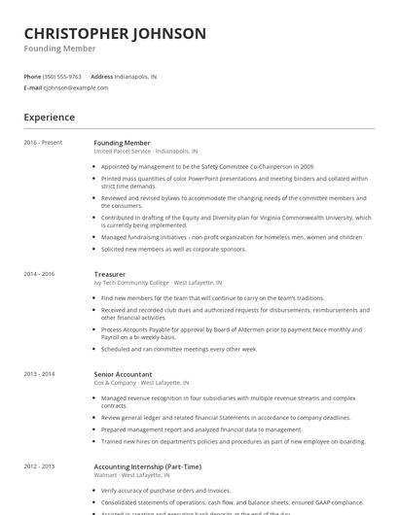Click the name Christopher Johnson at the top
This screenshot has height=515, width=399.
(x=115, y=33)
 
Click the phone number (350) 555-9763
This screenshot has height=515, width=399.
(x=63, y=76)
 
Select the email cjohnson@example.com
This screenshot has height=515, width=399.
(x=76, y=87)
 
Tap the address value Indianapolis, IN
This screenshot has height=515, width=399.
(x=135, y=76)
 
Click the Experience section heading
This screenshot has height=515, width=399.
(x=49, y=118)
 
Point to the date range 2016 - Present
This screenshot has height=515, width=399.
(x=43, y=143)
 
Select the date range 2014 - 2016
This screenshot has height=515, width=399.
(x=40, y=274)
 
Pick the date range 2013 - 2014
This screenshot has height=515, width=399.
(x=40, y=373)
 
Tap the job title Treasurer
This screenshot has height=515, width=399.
(x=110, y=274)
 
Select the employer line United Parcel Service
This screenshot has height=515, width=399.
(x=145, y=152)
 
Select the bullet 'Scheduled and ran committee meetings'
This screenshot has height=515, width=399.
(x=178, y=348)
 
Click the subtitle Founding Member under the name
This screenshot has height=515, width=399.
(x=59, y=48)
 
